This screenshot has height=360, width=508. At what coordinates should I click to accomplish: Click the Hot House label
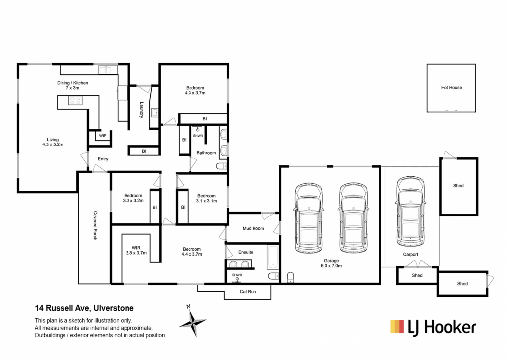click(x=451, y=87)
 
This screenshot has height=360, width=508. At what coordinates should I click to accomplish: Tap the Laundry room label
click(x=141, y=110)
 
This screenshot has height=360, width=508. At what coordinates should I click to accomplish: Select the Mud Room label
click(x=254, y=228)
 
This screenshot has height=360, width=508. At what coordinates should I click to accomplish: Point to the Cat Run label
click(x=248, y=292)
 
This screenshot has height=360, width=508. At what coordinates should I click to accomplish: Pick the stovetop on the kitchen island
click(x=75, y=100)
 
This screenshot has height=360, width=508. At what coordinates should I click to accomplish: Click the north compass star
click(x=193, y=322)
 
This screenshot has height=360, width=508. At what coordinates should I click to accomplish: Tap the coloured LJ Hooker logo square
click(x=397, y=327)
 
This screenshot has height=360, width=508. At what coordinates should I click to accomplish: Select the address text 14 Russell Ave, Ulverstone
click(x=84, y=308)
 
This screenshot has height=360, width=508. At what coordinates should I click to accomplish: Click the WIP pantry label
click(x=103, y=136)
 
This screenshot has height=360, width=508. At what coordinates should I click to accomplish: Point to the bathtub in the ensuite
click(x=272, y=258)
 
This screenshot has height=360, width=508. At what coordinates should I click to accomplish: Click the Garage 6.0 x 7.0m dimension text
click(x=331, y=266)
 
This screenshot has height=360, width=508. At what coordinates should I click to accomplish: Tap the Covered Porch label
click(x=95, y=226)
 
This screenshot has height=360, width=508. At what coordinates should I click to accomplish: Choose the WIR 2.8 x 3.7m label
click(x=136, y=250)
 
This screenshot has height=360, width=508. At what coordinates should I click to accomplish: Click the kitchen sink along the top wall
click(x=105, y=70)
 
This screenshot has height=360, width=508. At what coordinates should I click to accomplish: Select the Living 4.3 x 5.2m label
click(x=53, y=142)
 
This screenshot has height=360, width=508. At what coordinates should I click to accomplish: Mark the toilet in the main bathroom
click(x=222, y=166)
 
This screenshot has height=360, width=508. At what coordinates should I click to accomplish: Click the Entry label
click(x=103, y=159)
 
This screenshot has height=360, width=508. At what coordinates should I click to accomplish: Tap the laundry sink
click(x=155, y=112)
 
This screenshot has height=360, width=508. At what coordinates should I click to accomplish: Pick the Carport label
click(x=410, y=254)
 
